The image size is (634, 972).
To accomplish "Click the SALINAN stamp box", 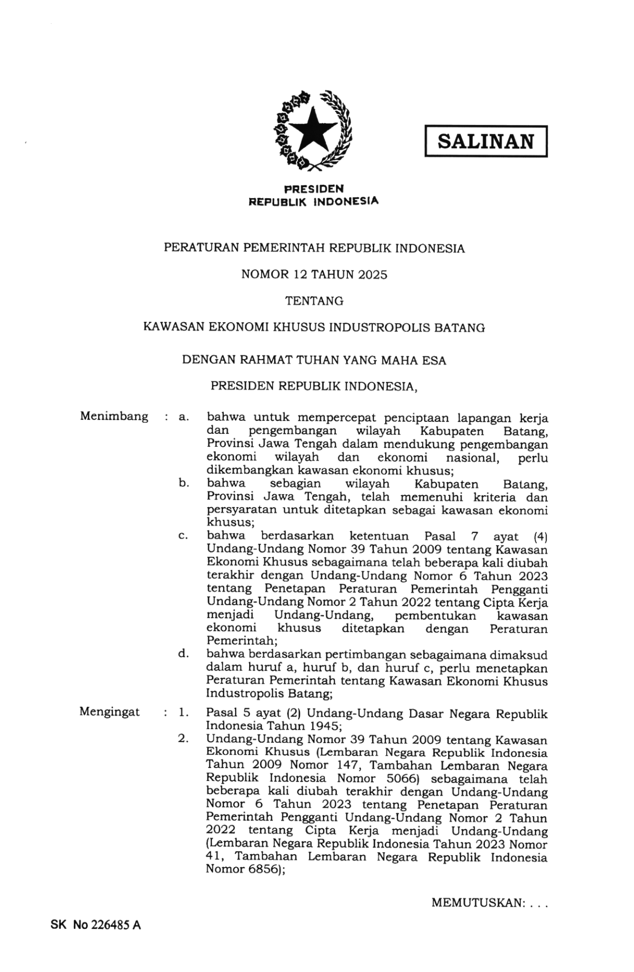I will tap(485, 141).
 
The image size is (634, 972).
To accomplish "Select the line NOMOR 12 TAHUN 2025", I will tap(314, 275).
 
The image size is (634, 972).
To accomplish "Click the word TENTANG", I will tap(314, 301).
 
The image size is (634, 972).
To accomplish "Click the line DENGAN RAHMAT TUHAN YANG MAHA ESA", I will tap(314, 360).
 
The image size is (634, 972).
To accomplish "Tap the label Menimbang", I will tap(114, 416).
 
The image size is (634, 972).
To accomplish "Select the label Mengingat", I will tap(110, 712).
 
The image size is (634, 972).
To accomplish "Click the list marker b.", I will tap(183, 483).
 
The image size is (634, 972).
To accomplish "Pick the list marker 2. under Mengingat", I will tap(183, 738).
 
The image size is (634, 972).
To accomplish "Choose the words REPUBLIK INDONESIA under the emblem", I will tap(314, 201).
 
